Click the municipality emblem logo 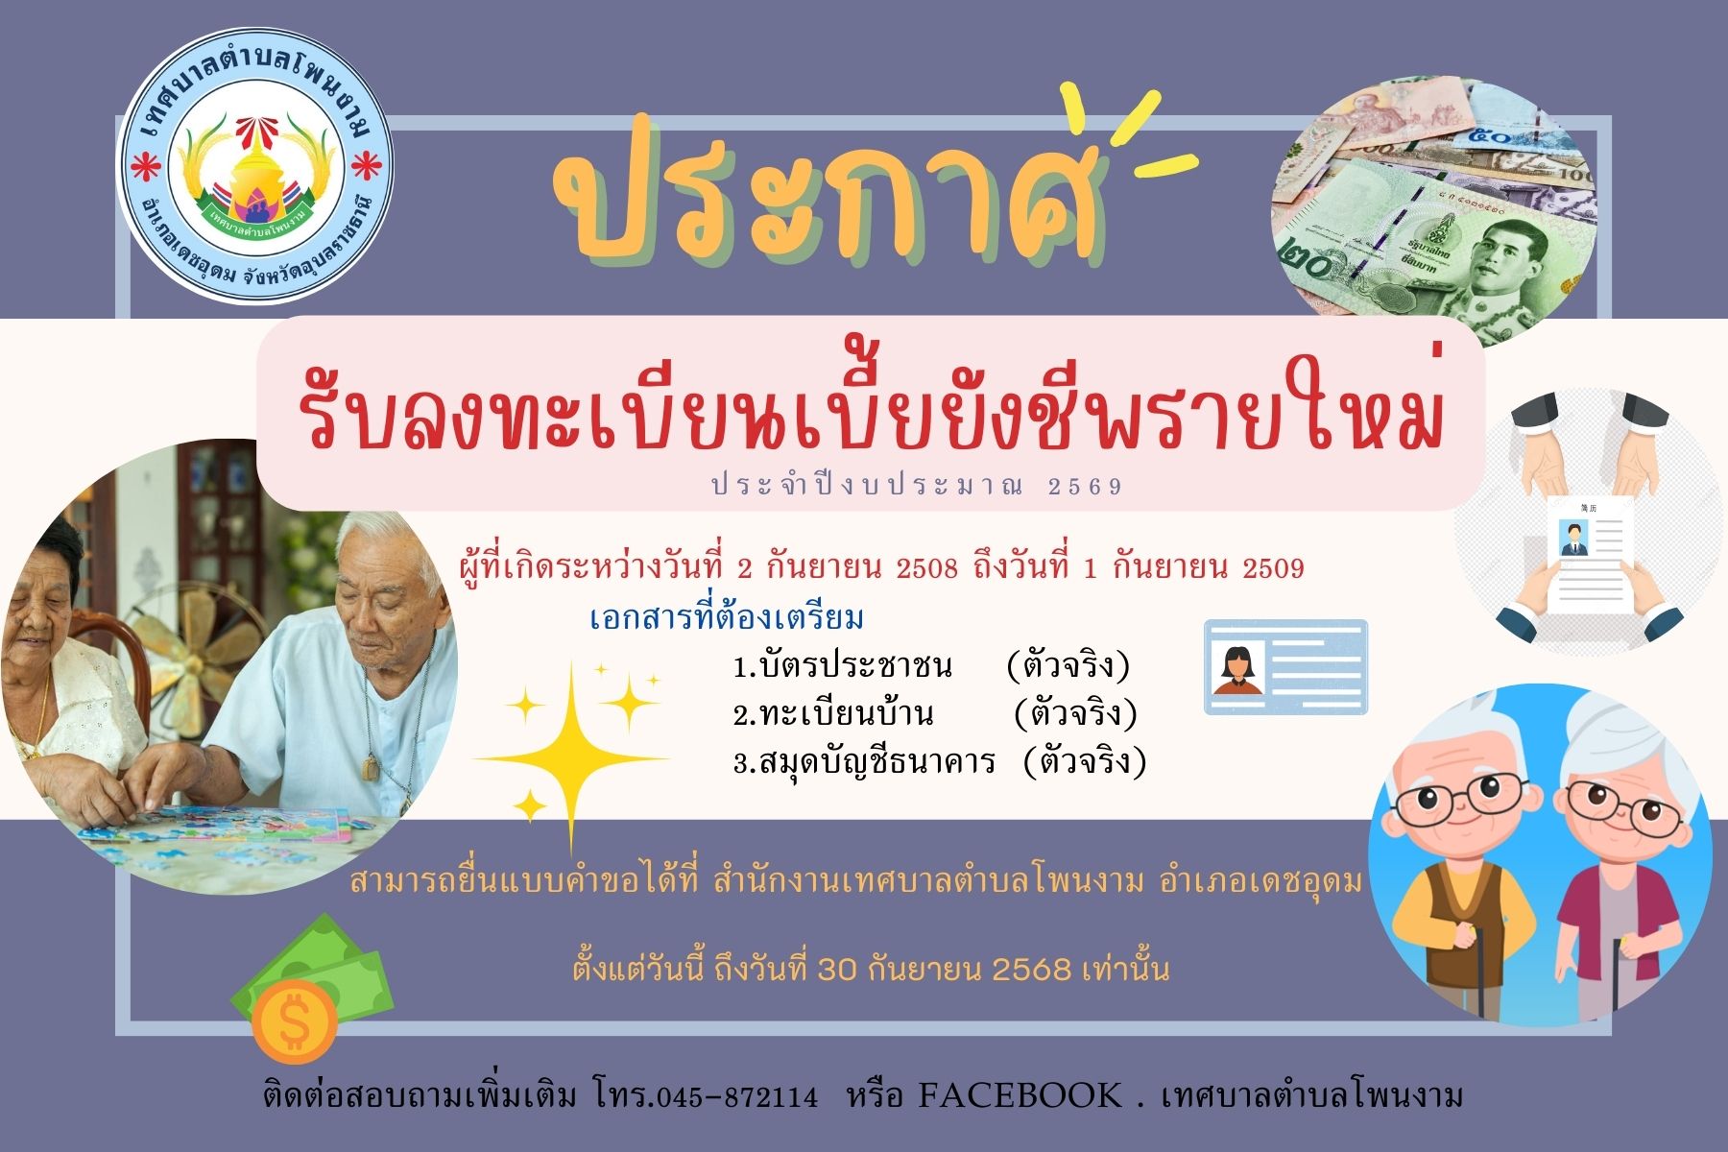pos(255,167)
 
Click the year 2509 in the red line pos(1273,568)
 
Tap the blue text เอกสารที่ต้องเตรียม pos(727,617)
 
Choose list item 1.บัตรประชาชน pos(843,665)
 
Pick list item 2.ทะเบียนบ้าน pos(833,714)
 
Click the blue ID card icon pos(1285,667)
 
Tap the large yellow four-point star pos(572,758)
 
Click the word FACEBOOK pos(1020,1095)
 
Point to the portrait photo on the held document pos(1572,539)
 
